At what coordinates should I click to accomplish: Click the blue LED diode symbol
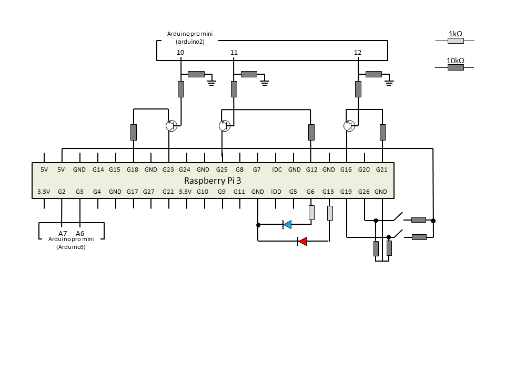point(287,225)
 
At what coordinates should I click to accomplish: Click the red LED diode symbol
point(302,241)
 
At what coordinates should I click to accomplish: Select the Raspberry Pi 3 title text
point(213,181)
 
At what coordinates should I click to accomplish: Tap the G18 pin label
point(133,169)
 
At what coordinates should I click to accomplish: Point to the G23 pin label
point(168,169)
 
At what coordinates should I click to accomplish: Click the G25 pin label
point(222,169)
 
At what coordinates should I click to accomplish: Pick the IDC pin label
point(277,169)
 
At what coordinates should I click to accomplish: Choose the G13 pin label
point(328,192)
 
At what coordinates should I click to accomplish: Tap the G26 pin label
point(364,192)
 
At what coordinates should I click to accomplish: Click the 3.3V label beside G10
point(185,192)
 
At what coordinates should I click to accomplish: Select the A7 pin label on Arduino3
point(63,233)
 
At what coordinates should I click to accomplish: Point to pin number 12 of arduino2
point(358,52)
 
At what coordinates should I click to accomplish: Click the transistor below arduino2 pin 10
point(171,126)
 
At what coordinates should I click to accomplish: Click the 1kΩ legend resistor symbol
point(456,41)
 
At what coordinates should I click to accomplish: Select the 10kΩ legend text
point(456,61)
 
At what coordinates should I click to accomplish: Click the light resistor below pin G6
point(311,213)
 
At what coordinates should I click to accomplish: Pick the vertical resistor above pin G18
point(134,133)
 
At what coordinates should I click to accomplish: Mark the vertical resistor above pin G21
point(382,133)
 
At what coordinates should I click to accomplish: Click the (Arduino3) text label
point(71,247)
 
